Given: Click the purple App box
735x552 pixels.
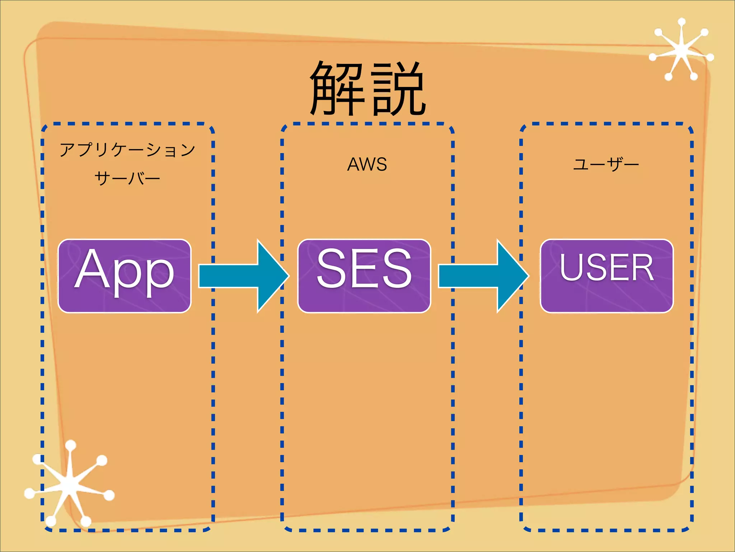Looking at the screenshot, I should [x=124, y=276].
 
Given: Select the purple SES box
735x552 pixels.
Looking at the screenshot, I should [x=364, y=276].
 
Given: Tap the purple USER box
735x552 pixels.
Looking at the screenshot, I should [x=607, y=276].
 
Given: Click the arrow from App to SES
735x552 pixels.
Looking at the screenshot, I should [x=244, y=276].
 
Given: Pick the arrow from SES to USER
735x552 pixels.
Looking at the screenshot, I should [x=483, y=276].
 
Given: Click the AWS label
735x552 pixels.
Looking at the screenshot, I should [x=367, y=164].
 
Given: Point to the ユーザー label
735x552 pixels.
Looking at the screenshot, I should [x=606, y=165].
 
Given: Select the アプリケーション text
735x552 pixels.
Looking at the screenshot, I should [x=127, y=149].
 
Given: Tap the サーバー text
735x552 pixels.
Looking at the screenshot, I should [x=127, y=178].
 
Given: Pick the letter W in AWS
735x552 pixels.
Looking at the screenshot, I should [x=367, y=164].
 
